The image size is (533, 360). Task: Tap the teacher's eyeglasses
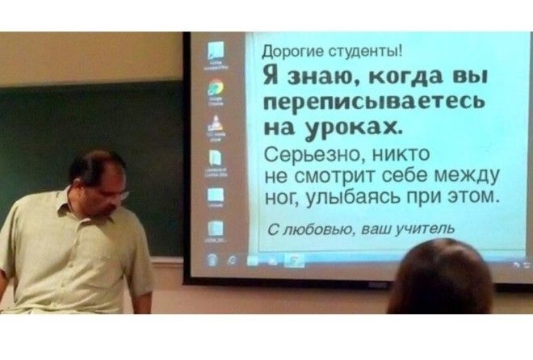[x=113, y=193]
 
